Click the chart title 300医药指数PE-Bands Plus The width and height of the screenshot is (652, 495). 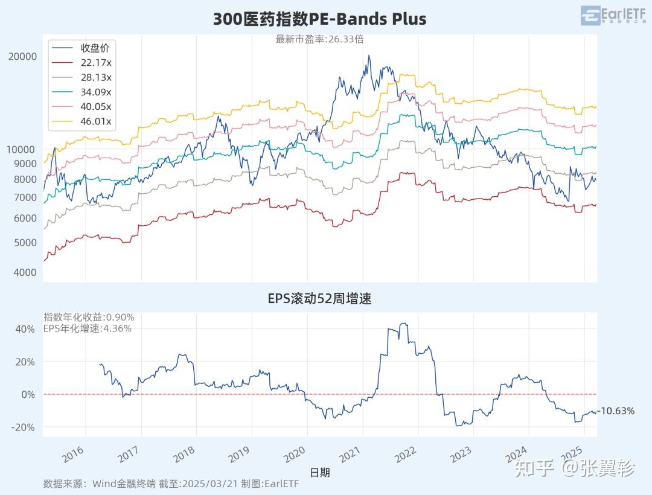[319, 19]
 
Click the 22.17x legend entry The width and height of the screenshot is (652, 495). [96, 62]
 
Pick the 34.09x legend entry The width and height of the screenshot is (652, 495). [96, 92]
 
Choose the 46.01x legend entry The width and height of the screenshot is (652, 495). [96, 121]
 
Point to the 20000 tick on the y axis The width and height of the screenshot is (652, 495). [22, 56]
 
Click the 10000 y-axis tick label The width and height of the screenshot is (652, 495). [22, 149]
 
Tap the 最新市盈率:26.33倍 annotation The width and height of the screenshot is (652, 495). [319, 39]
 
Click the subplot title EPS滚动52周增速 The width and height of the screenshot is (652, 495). [319, 298]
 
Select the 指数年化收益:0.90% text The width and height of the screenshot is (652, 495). [89, 317]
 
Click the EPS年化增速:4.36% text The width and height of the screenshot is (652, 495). [88, 328]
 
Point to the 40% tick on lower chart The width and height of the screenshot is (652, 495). [25, 329]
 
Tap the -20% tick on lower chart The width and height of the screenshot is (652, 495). [24, 427]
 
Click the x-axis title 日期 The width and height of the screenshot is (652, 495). [319, 472]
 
